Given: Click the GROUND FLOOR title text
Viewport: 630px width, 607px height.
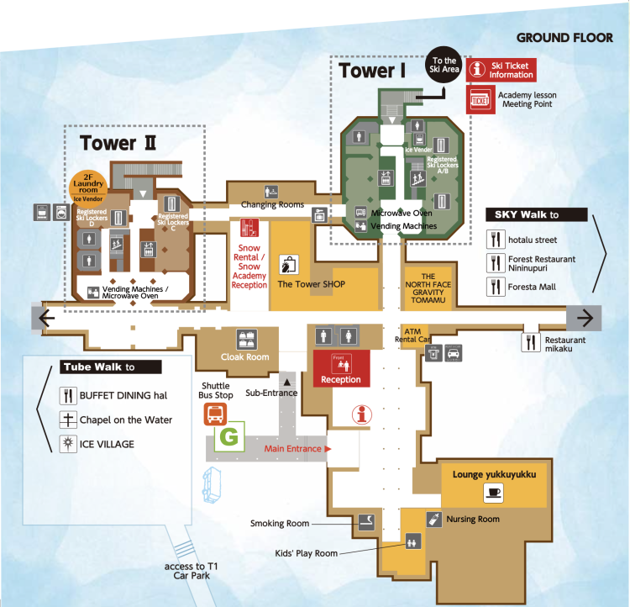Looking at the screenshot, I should click(x=564, y=38).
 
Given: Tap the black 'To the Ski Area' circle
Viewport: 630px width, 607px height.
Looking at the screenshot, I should click(x=444, y=66).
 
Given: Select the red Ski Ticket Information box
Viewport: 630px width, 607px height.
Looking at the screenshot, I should click(x=501, y=70).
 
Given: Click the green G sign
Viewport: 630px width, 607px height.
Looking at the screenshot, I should click(x=228, y=437).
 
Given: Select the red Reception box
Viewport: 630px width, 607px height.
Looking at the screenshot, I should click(x=341, y=369).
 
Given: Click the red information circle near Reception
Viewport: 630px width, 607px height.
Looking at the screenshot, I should click(x=363, y=413).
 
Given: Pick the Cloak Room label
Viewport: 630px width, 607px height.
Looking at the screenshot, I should click(x=244, y=356).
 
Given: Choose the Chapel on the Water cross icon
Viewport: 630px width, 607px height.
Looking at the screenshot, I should click(x=68, y=420).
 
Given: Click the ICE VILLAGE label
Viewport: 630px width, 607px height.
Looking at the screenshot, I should click(x=107, y=444).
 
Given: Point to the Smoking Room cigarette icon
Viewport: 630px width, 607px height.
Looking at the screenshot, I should click(x=366, y=522).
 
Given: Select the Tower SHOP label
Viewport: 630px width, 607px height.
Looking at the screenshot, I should click(x=311, y=284).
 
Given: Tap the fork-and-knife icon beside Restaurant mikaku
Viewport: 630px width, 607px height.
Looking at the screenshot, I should click(x=530, y=342).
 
